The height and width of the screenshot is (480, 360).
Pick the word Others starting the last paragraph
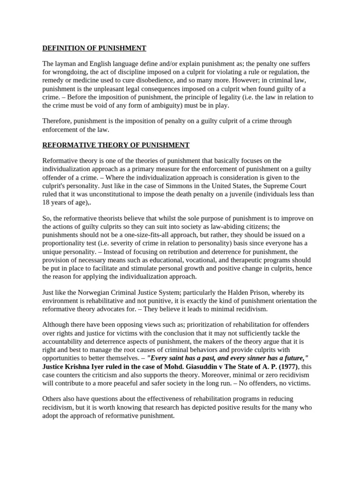53,399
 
